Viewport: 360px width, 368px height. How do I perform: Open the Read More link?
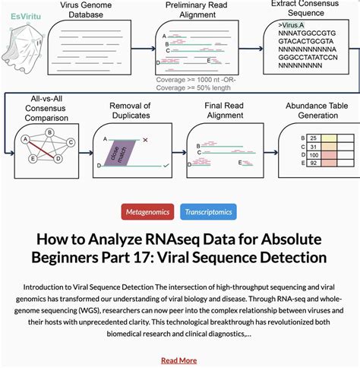click(x=179, y=360)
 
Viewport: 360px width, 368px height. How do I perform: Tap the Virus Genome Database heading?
click(x=86, y=9)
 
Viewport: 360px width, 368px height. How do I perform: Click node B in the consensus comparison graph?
click(x=50, y=132)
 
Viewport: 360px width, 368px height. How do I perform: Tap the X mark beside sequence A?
click(x=166, y=139)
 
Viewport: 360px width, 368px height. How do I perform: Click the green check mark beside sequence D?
click(x=166, y=164)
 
